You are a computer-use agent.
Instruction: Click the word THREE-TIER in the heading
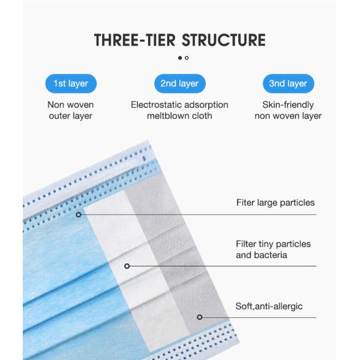coord(135,40)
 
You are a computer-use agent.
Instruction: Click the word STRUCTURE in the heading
coord(224,40)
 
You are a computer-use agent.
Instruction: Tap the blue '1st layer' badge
coord(71,83)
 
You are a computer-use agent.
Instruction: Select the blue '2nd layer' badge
coord(180,83)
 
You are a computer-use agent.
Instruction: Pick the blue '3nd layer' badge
coord(289,83)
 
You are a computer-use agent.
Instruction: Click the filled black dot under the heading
coord(180,58)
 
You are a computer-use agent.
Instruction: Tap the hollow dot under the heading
coord(187,58)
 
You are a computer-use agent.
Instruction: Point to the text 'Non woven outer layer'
coord(71,110)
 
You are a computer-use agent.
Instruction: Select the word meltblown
coord(168,116)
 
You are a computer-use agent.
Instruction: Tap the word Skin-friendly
coord(288,105)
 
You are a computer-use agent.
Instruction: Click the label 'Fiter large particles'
coord(275,203)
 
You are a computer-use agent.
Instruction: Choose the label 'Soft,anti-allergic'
coord(269,307)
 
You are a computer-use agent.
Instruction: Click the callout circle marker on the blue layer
coord(79,215)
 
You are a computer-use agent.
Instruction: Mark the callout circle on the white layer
coord(127,266)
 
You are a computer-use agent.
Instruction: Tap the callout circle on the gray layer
coord(200,317)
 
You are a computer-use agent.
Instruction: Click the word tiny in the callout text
coord(265,244)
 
